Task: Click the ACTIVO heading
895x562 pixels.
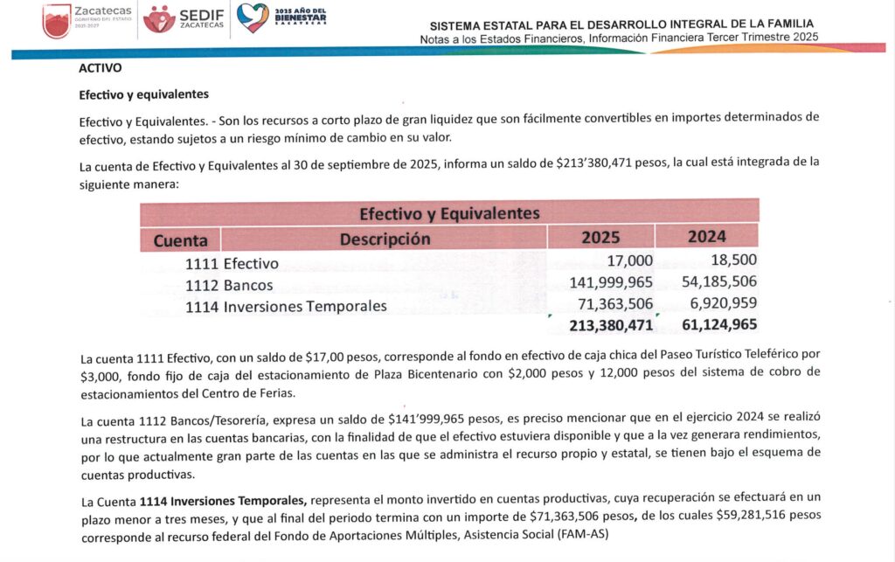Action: (x=100, y=67)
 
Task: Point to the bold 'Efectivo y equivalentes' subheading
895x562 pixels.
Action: (x=143, y=94)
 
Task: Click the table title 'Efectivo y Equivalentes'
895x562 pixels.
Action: (x=449, y=212)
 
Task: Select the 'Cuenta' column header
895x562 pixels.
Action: (x=180, y=239)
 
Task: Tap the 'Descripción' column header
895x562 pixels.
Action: (x=385, y=238)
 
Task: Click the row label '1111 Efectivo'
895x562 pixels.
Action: (x=232, y=263)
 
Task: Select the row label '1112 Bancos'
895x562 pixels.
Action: (x=229, y=285)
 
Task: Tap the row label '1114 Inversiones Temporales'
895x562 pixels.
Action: (x=286, y=306)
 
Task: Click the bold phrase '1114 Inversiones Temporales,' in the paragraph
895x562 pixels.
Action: (x=223, y=500)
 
